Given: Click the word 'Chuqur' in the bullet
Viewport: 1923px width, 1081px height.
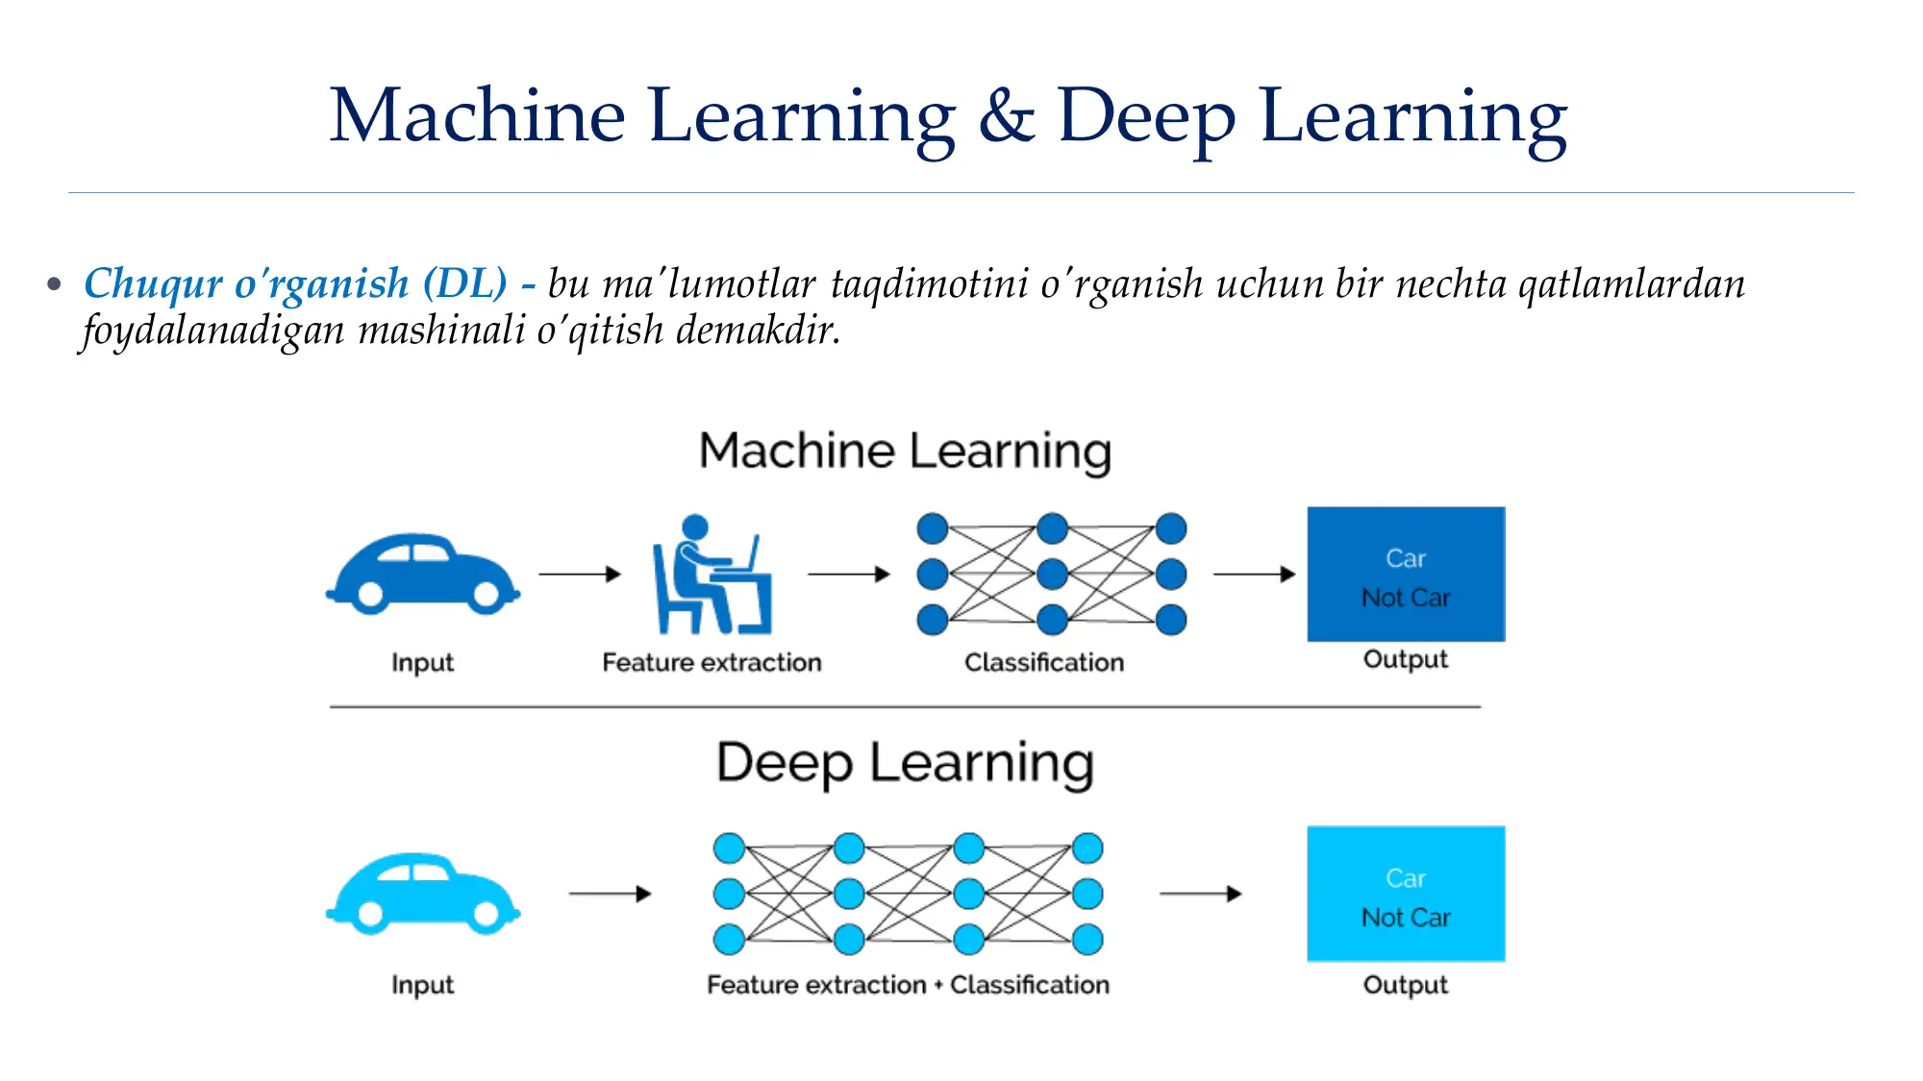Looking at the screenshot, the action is click(x=154, y=284).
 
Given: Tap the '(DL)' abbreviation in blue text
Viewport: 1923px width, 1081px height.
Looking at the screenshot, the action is click(x=464, y=283).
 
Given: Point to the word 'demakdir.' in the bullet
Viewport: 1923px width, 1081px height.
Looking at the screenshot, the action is click(x=759, y=330).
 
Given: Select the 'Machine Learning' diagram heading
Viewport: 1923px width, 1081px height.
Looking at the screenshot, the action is click(x=905, y=451).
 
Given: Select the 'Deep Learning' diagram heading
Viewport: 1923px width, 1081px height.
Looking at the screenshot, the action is click(x=905, y=764).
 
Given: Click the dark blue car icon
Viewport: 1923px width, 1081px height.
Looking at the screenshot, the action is click(x=423, y=574).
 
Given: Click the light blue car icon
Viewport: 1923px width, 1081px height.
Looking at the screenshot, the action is click(x=423, y=894).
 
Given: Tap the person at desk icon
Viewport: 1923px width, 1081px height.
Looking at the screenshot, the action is click(x=712, y=575).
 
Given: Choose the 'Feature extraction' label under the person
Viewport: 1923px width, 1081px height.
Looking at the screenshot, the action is click(x=712, y=662).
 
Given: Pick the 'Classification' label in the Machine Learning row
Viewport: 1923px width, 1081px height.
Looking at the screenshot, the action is click(x=1044, y=662).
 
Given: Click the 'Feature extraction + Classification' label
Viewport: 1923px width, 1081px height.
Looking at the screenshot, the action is click(x=908, y=985).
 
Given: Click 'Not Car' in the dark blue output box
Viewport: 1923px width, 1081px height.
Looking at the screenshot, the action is click(x=1406, y=598).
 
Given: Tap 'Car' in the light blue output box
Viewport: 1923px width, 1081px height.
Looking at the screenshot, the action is click(x=1406, y=878).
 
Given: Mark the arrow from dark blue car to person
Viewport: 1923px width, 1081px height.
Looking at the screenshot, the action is click(x=581, y=574).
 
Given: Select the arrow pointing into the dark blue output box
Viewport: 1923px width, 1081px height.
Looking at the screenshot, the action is click(x=1255, y=574).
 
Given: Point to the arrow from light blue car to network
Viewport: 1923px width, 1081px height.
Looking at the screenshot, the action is click(x=611, y=894).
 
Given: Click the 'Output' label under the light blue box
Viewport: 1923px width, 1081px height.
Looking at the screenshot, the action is click(x=1406, y=985).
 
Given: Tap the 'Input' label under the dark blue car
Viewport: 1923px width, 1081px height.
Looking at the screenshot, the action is click(x=422, y=663).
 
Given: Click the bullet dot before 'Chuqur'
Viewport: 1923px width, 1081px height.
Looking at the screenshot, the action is click(x=54, y=284).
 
